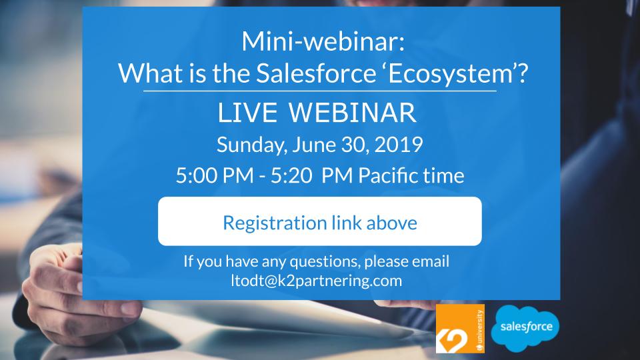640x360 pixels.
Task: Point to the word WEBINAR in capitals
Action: tap(354, 114)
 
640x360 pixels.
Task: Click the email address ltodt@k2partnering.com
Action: tap(315, 280)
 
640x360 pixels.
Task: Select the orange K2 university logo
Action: tap(460, 329)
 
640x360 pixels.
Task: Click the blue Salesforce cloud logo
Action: tap(525, 327)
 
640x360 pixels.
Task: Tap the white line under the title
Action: tap(320, 90)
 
